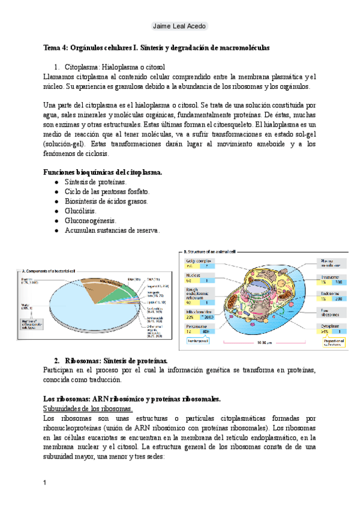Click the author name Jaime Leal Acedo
[179, 26]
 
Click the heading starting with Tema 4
[157, 47]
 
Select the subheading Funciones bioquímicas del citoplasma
[103, 172]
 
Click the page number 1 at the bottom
[46, 483]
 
